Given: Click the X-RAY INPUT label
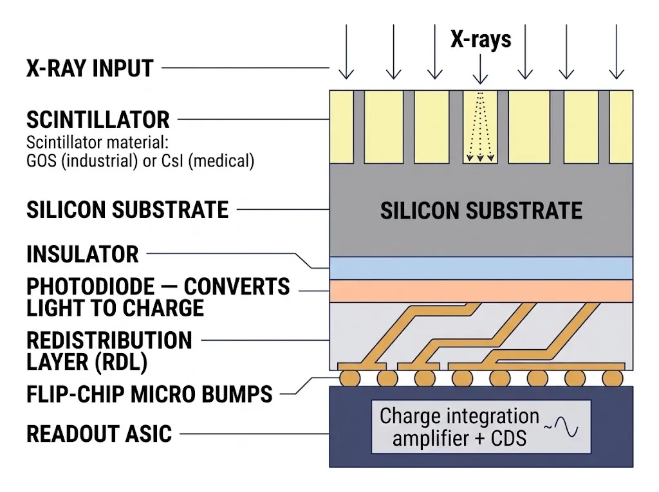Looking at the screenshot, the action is click(x=89, y=68).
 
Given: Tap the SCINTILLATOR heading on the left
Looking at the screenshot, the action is click(x=98, y=120).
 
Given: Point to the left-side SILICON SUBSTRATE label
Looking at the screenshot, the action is click(x=127, y=210).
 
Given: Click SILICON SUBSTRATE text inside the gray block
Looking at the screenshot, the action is click(x=481, y=210).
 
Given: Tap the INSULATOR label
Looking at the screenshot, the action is click(x=82, y=254).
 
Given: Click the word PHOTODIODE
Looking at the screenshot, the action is click(x=90, y=287).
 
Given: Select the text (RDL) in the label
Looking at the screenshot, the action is click(x=122, y=363).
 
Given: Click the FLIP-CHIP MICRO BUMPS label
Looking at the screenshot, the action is click(x=149, y=394).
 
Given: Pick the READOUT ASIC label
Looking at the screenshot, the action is click(x=99, y=434).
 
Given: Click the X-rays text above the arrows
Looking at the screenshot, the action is click(x=481, y=39).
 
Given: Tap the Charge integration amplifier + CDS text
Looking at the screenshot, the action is click(x=459, y=427).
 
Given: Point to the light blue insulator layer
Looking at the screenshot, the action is click(x=481, y=268).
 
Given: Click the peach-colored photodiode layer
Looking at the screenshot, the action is click(x=481, y=291).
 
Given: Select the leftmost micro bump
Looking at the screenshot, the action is click(x=349, y=378).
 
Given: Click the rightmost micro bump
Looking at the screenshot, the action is click(x=613, y=378).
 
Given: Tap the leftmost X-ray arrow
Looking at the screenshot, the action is click(x=346, y=51).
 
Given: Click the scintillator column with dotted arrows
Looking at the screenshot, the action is click(x=480, y=127).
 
